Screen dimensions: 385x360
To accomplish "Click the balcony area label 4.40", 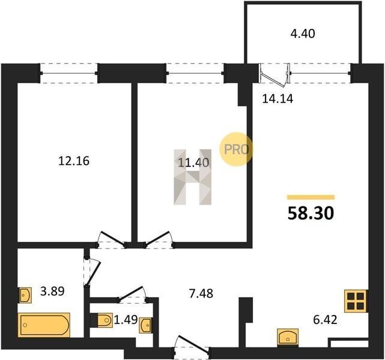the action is click(x=303, y=34).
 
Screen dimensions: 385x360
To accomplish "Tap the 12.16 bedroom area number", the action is click(x=74, y=161).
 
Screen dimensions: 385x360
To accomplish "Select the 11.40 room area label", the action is click(x=193, y=163).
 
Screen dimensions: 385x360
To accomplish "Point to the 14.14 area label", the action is click(x=277, y=99).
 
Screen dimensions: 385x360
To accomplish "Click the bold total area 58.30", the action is click(x=311, y=213).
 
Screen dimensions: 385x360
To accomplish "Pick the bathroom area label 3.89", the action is click(x=52, y=292).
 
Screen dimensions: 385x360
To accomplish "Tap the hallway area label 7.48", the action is click(x=201, y=293).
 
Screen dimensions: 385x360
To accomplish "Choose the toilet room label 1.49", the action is click(x=126, y=320).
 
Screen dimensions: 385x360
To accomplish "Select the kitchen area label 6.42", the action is click(x=325, y=320).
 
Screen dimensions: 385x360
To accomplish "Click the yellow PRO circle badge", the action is click(x=235, y=149).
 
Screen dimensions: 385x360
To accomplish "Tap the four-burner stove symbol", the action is click(x=356, y=301).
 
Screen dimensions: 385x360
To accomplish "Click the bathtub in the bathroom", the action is click(x=44, y=325).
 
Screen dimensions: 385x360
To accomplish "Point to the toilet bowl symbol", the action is click(x=105, y=320).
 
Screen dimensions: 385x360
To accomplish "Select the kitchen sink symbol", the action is click(x=288, y=338).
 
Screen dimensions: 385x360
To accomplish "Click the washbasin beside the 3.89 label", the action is click(x=26, y=295).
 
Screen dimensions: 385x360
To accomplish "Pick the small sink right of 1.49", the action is click(x=145, y=325).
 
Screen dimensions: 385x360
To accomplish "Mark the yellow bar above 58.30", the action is click(x=311, y=197).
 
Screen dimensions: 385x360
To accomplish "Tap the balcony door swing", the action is click(x=275, y=75).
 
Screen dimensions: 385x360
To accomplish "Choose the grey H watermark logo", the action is click(x=192, y=177).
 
